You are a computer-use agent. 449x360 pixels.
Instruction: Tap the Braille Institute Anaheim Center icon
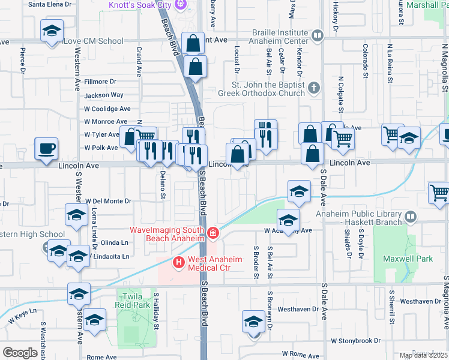point(318,37)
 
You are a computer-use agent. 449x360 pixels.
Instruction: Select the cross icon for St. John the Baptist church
point(313,89)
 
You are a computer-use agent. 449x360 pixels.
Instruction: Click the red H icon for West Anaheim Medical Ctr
point(178,262)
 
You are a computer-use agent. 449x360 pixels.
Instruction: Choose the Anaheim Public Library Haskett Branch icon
point(411,217)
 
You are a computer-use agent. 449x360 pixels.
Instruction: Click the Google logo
point(20,353)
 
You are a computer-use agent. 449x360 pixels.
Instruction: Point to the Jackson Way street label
point(104,95)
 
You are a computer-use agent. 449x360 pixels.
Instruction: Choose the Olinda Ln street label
point(115,242)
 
